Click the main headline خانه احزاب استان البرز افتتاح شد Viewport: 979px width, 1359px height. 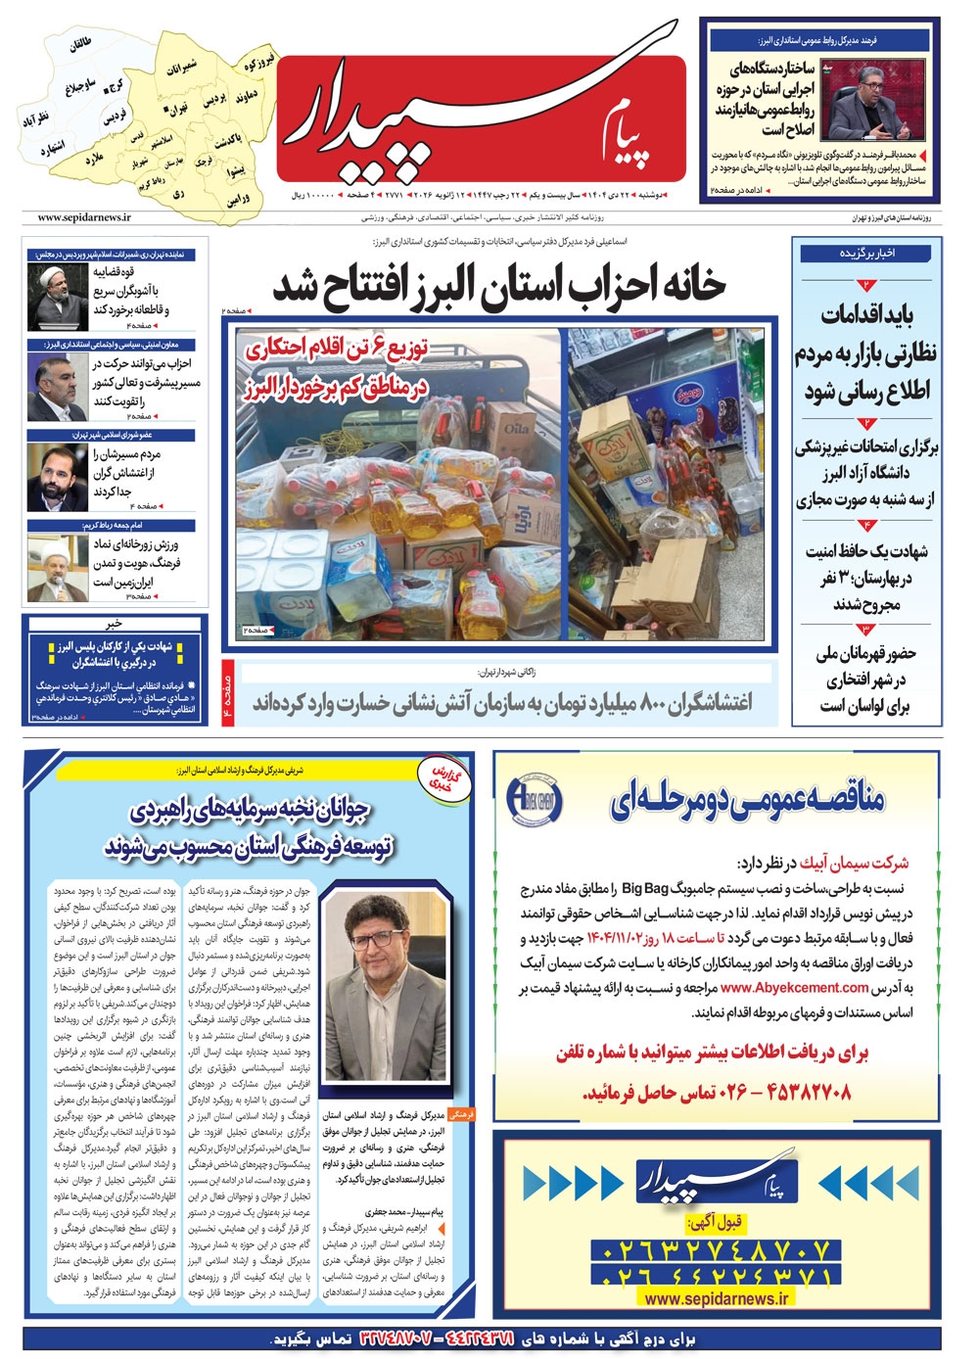pos(499,285)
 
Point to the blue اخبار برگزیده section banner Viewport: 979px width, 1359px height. pos(866,253)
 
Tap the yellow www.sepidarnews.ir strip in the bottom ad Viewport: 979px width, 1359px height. pos(717,1298)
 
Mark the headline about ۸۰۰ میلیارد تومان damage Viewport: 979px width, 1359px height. pos(501,703)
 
